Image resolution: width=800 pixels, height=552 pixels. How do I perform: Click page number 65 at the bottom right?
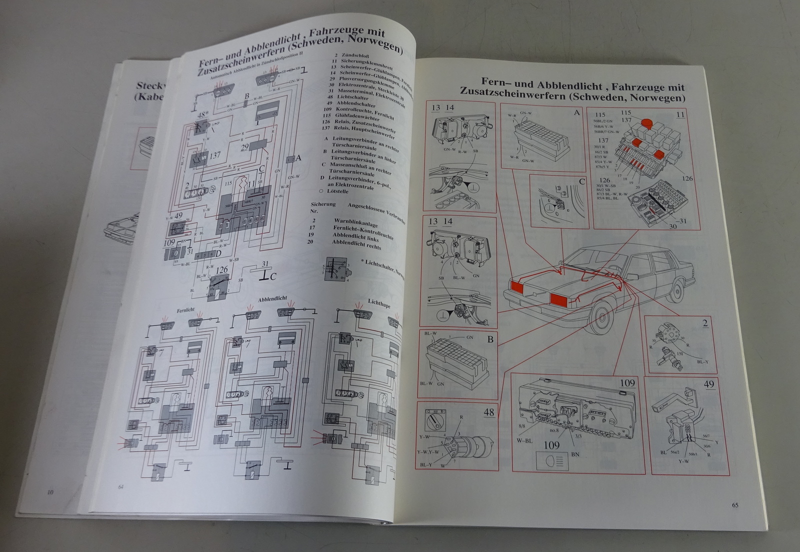click(735, 505)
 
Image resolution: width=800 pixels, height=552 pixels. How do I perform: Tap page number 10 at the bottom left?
click(49, 492)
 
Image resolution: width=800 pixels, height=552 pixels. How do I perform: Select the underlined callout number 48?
click(488, 412)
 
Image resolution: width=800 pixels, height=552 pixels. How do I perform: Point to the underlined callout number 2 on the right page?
click(705, 323)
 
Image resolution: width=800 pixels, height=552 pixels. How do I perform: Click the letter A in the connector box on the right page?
click(576, 113)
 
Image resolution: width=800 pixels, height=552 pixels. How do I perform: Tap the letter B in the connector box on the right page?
click(490, 339)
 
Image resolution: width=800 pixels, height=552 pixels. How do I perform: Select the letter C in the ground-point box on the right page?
click(581, 182)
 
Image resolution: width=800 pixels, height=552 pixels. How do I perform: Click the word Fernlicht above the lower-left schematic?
click(185, 310)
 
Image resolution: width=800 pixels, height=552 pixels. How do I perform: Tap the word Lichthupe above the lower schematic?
click(378, 303)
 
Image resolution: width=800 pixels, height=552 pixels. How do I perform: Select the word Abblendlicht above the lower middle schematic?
click(272, 299)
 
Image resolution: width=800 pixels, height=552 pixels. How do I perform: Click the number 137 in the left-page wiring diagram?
click(214, 155)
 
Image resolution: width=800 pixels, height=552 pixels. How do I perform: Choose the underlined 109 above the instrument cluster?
click(627, 383)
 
